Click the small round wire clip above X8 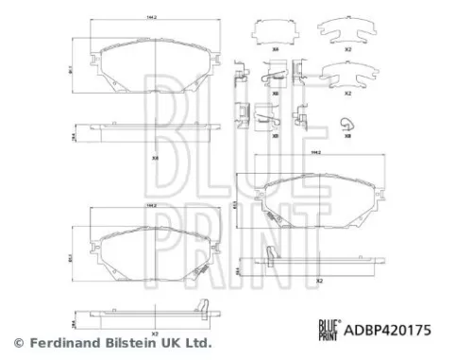[x=347, y=120]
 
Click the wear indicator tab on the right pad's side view [x=271, y=254]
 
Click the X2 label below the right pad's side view [x=319, y=281]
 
